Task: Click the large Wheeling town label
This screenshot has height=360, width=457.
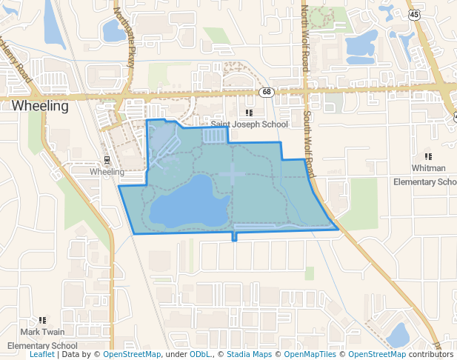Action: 40,106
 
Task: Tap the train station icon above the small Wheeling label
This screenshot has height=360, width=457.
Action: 107,160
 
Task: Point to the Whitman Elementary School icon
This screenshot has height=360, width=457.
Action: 428,156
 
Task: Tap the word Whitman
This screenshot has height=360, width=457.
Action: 428,168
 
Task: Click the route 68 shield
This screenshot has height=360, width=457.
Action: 266,91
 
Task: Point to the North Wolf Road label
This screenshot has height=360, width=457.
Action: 304,37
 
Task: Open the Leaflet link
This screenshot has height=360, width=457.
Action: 42,355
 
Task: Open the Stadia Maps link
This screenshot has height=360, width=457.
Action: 249,355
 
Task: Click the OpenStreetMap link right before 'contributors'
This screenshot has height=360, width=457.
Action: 376,355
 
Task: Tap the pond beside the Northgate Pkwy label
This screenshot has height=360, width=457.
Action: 113,30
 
